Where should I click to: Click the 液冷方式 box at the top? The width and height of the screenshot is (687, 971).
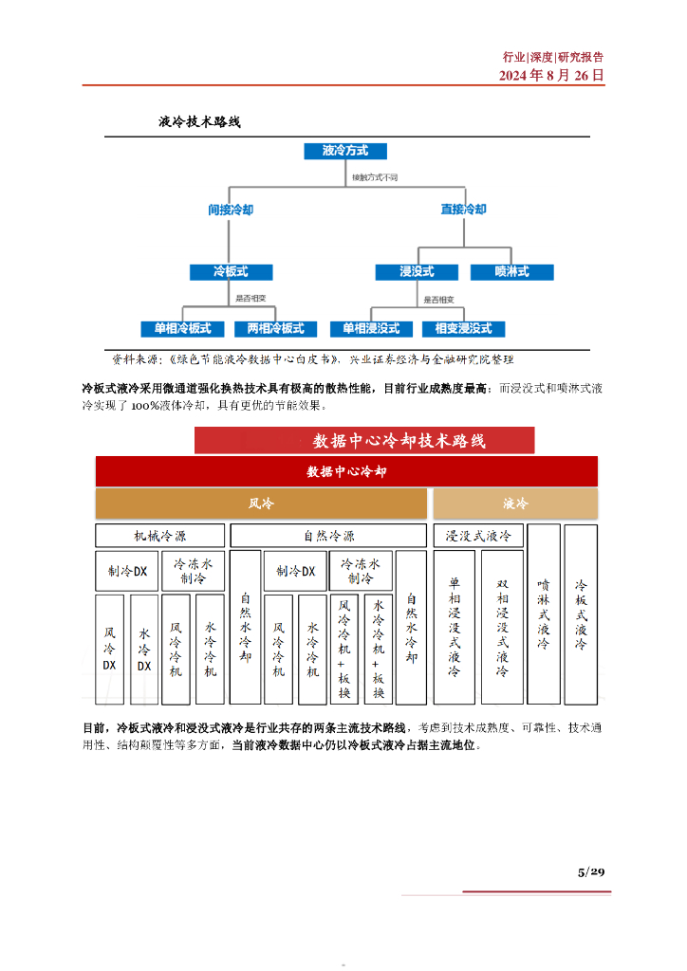[x=344, y=151]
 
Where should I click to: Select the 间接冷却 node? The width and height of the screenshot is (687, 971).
[x=231, y=210]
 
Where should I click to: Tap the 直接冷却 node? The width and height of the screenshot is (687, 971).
[x=463, y=210]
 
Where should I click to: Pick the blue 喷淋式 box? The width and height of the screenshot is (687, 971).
[x=512, y=272]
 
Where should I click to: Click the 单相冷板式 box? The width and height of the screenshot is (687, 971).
[x=182, y=329]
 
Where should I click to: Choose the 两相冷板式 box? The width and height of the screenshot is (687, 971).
[x=275, y=329]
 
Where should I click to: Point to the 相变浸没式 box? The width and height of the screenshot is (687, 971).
[x=463, y=329]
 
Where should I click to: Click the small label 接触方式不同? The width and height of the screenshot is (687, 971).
[x=376, y=177]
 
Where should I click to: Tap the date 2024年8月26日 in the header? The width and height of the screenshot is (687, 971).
[x=551, y=75]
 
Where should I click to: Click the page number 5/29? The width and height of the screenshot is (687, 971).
[x=590, y=871]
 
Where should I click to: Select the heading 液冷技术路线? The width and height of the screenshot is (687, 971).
[x=200, y=122]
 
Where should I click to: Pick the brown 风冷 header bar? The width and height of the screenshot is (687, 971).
[x=260, y=504]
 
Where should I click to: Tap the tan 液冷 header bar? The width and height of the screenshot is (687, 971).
[x=515, y=504]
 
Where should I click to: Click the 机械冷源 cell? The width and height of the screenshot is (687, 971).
[x=159, y=536]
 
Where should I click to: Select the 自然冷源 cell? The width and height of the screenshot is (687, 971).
[x=328, y=536]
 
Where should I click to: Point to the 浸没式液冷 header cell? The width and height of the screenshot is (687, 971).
[x=477, y=536]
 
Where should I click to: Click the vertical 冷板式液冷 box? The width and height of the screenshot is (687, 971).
[x=581, y=614]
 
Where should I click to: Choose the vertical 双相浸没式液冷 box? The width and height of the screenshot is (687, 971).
[x=502, y=627]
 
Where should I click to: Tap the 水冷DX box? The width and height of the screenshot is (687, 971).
[x=144, y=650]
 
